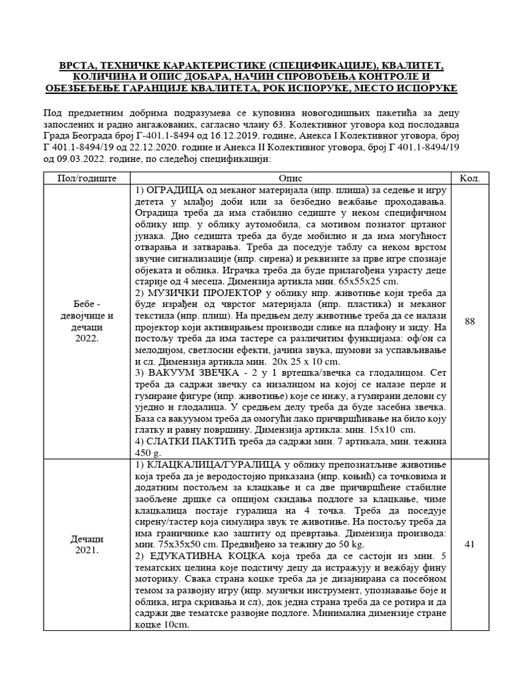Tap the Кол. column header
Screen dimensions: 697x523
pyautogui.click(x=470, y=178)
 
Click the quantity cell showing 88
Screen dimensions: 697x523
pyautogui.click(x=470, y=321)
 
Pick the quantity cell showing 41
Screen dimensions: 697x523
pyautogui.click(x=470, y=544)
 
